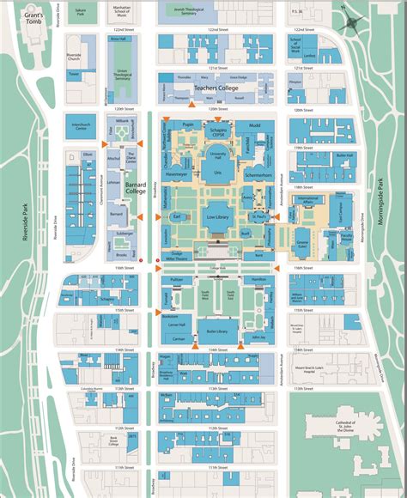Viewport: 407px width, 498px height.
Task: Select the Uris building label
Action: (217, 173)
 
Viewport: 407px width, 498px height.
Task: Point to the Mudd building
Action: (254, 125)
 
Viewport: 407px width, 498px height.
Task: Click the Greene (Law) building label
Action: (302, 245)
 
